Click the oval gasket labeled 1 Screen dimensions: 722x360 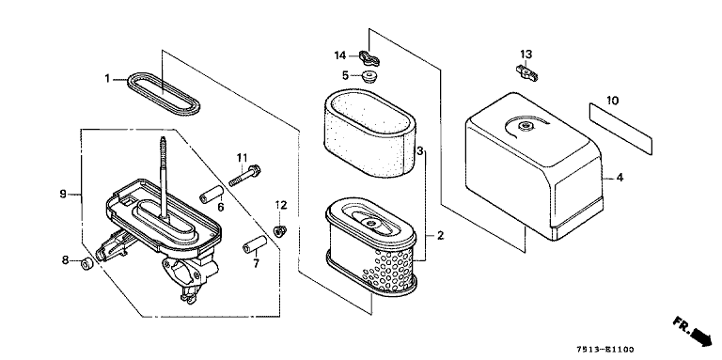[x=138, y=78]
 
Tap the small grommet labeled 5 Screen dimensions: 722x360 [x=369, y=76]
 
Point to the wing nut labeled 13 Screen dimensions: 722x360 [x=526, y=72]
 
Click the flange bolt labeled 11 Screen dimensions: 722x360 [x=244, y=176]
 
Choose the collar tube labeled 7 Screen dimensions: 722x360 [x=255, y=244]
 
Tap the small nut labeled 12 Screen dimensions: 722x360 [x=280, y=230]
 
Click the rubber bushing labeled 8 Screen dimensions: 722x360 [x=86, y=265]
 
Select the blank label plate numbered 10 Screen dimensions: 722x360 [x=620, y=130]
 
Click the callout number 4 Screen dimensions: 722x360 [x=620, y=178]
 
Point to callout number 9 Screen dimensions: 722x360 [x=63, y=194]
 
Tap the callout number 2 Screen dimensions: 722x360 [x=440, y=236]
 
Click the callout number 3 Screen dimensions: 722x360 [x=420, y=150]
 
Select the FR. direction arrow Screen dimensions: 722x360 [x=694, y=330]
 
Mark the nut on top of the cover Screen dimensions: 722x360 [x=525, y=126]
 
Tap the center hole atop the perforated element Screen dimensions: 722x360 [x=369, y=224]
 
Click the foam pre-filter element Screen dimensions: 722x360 [x=370, y=133]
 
